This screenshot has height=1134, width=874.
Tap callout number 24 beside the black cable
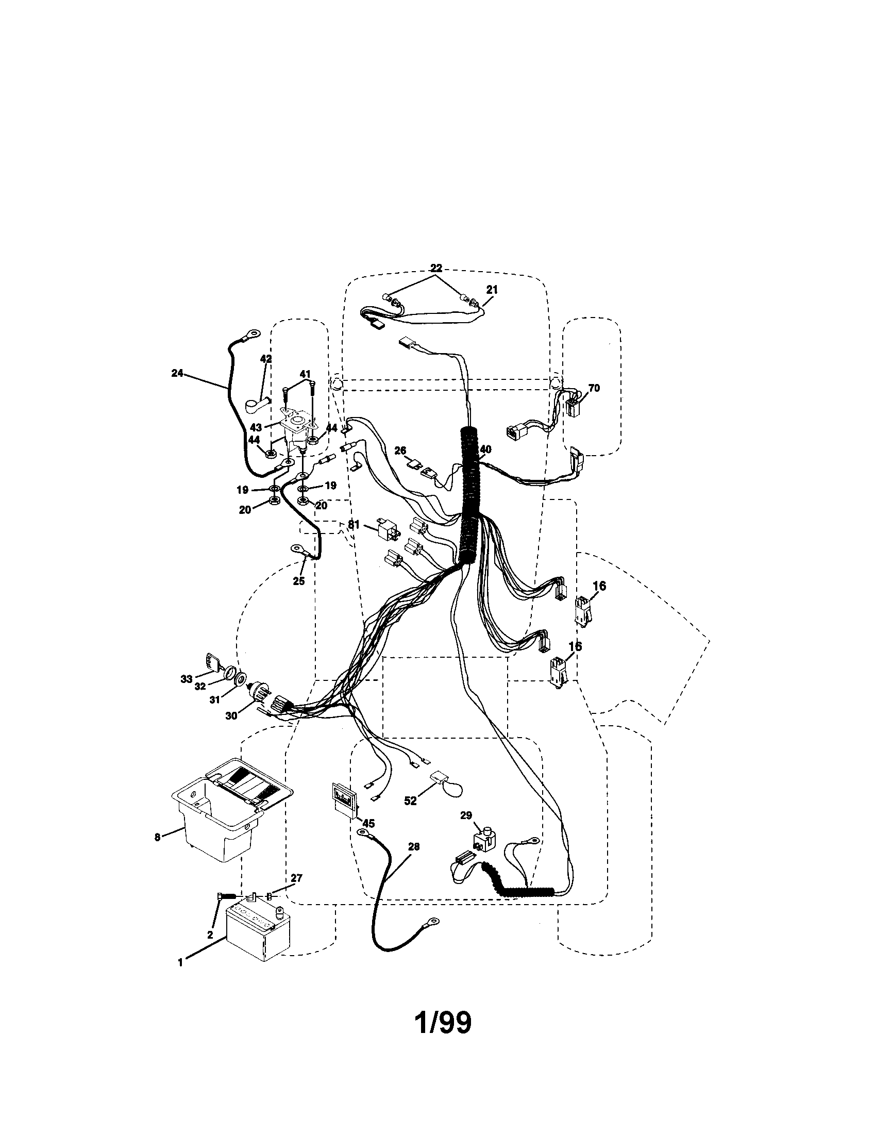pos(177,373)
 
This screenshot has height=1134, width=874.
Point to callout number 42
pos(266,359)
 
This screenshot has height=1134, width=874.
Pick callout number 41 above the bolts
pos(305,374)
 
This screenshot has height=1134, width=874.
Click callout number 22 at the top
pos(436,268)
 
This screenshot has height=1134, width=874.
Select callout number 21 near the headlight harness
pos(492,290)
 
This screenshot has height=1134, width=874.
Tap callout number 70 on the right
pos(594,388)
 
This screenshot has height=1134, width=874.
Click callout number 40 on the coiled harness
pos(486,449)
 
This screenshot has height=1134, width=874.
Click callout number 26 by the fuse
pos(399,451)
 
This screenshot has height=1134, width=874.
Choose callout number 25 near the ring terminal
pos(298,581)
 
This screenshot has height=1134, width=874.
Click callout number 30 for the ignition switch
pos(231,715)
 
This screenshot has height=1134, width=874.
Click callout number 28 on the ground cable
pos(414,846)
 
